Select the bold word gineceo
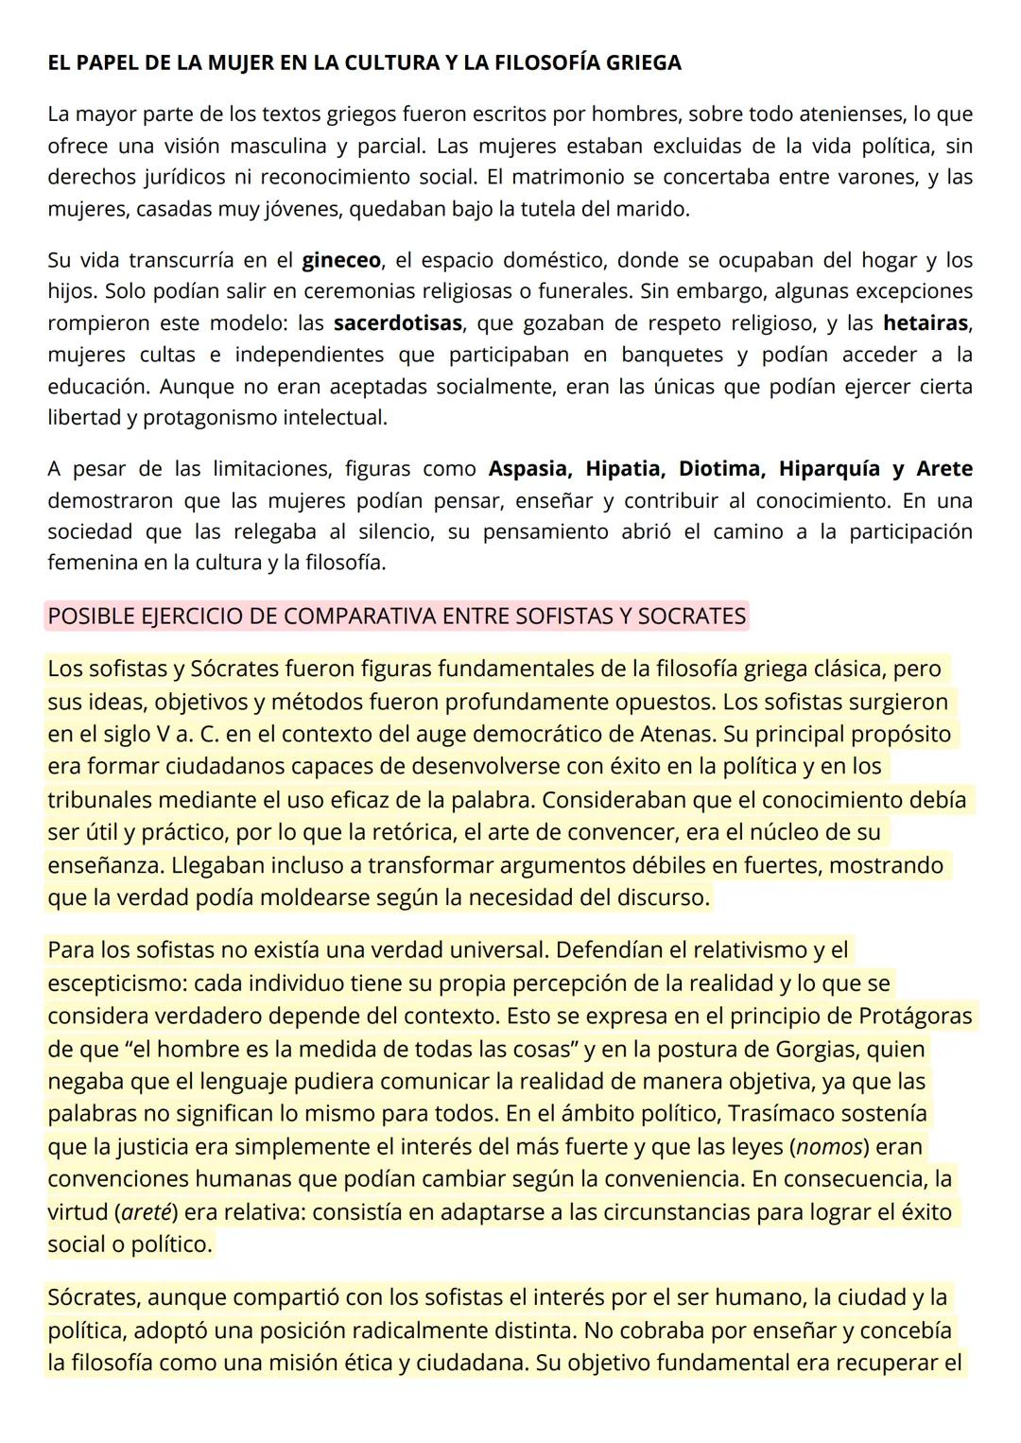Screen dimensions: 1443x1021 341,260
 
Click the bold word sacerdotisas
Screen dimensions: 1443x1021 398,323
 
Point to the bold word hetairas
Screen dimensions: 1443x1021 926,323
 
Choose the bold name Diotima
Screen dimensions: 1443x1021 720,469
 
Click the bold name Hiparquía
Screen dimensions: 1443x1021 828,469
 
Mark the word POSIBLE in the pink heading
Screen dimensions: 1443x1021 89,617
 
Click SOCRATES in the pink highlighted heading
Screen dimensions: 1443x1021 692,617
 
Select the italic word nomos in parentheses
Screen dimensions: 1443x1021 830,1147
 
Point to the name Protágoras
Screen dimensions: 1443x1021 915,1017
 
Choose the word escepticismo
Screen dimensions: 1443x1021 117,983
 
